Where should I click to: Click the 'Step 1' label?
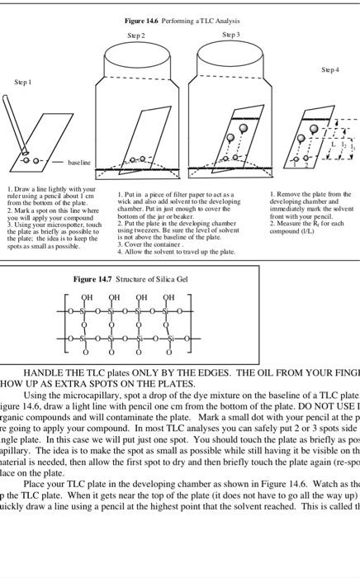pyautogui.click(x=21, y=83)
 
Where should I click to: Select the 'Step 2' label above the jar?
pyautogui.click(x=135, y=36)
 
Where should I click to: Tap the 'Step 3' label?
pyautogui.click(x=231, y=36)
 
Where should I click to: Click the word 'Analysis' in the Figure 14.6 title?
pyautogui.click(x=221, y=20)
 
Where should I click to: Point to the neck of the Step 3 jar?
pyautogui.click(x=231, y=49)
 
